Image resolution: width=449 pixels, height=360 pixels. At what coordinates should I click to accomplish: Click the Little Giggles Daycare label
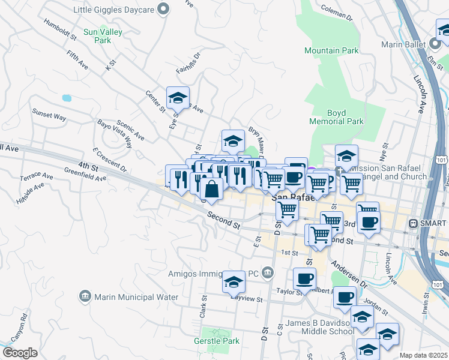pyautogui.click(x=113, y=10)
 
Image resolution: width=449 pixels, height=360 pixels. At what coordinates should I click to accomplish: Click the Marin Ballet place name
pyautogui.click(x=405, y=44)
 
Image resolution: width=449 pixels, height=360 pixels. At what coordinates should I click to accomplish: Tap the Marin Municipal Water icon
pyautogui.click(x=85, y=296)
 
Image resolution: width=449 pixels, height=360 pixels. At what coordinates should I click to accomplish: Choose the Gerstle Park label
pyautogui.click(x=217, y=341)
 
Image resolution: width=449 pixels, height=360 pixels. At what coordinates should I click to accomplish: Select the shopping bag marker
pyautogui.click(x=212, y=190)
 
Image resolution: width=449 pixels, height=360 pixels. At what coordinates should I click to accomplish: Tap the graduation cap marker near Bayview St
pyautogui.click(x=234, y=281)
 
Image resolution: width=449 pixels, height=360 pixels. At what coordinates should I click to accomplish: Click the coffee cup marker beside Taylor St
pyautogui.click(x=304, y=278)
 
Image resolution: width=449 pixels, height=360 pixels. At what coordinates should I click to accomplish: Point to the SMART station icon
pyautogui.click(x=413, y=223)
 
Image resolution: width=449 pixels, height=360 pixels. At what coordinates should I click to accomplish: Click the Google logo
pyautogui.click(x=20, y=353)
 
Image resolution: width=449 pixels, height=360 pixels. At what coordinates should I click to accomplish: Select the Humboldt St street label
pyautogui.click(x=61, y=28)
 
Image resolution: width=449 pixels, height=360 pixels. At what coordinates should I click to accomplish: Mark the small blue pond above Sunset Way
pyautogui.click(x=66, y=97)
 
